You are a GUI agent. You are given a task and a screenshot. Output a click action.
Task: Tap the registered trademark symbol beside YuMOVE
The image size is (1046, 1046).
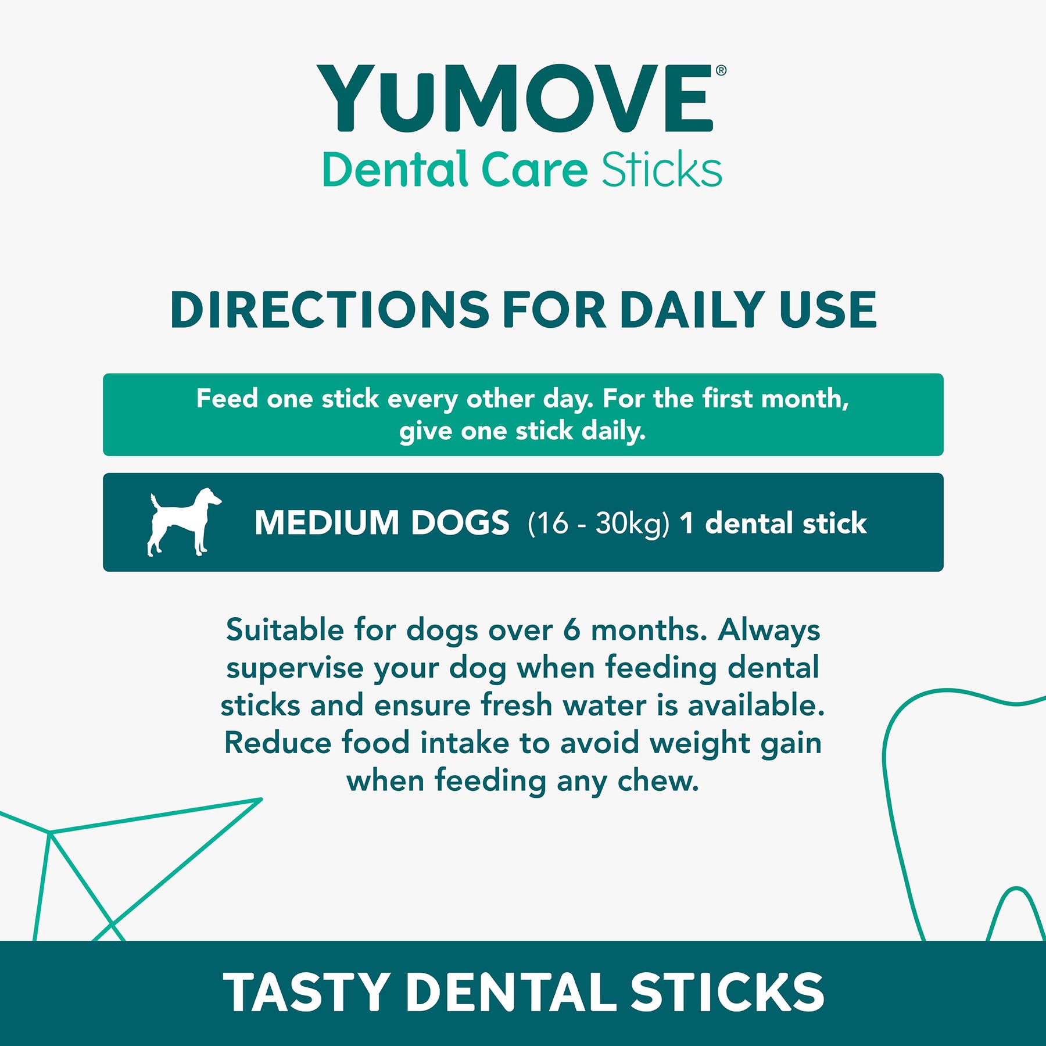(x=721, y=71)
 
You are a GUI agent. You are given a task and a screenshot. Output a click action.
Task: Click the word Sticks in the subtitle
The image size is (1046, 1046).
(x=662, y=170)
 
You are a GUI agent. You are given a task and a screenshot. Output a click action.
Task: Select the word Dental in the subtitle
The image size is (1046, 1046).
(x=395, y=170)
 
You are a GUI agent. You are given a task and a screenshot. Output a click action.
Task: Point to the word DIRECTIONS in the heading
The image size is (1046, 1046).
(x=330, y=310)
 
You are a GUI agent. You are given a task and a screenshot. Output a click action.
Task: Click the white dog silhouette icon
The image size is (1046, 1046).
(x=184, y=522)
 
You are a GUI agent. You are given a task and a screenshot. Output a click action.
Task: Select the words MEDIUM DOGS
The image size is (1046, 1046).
(x=382, y=522)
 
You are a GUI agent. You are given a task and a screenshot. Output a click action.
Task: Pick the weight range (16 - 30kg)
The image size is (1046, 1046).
(x=599, y=524)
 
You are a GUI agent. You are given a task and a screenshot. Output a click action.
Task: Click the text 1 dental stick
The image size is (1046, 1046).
(x=773, y=523)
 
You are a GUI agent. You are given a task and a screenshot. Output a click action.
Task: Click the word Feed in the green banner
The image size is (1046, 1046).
(x=227, y=399)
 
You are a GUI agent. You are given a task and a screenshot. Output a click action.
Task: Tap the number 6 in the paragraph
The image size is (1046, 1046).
(x=571, y=630)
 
